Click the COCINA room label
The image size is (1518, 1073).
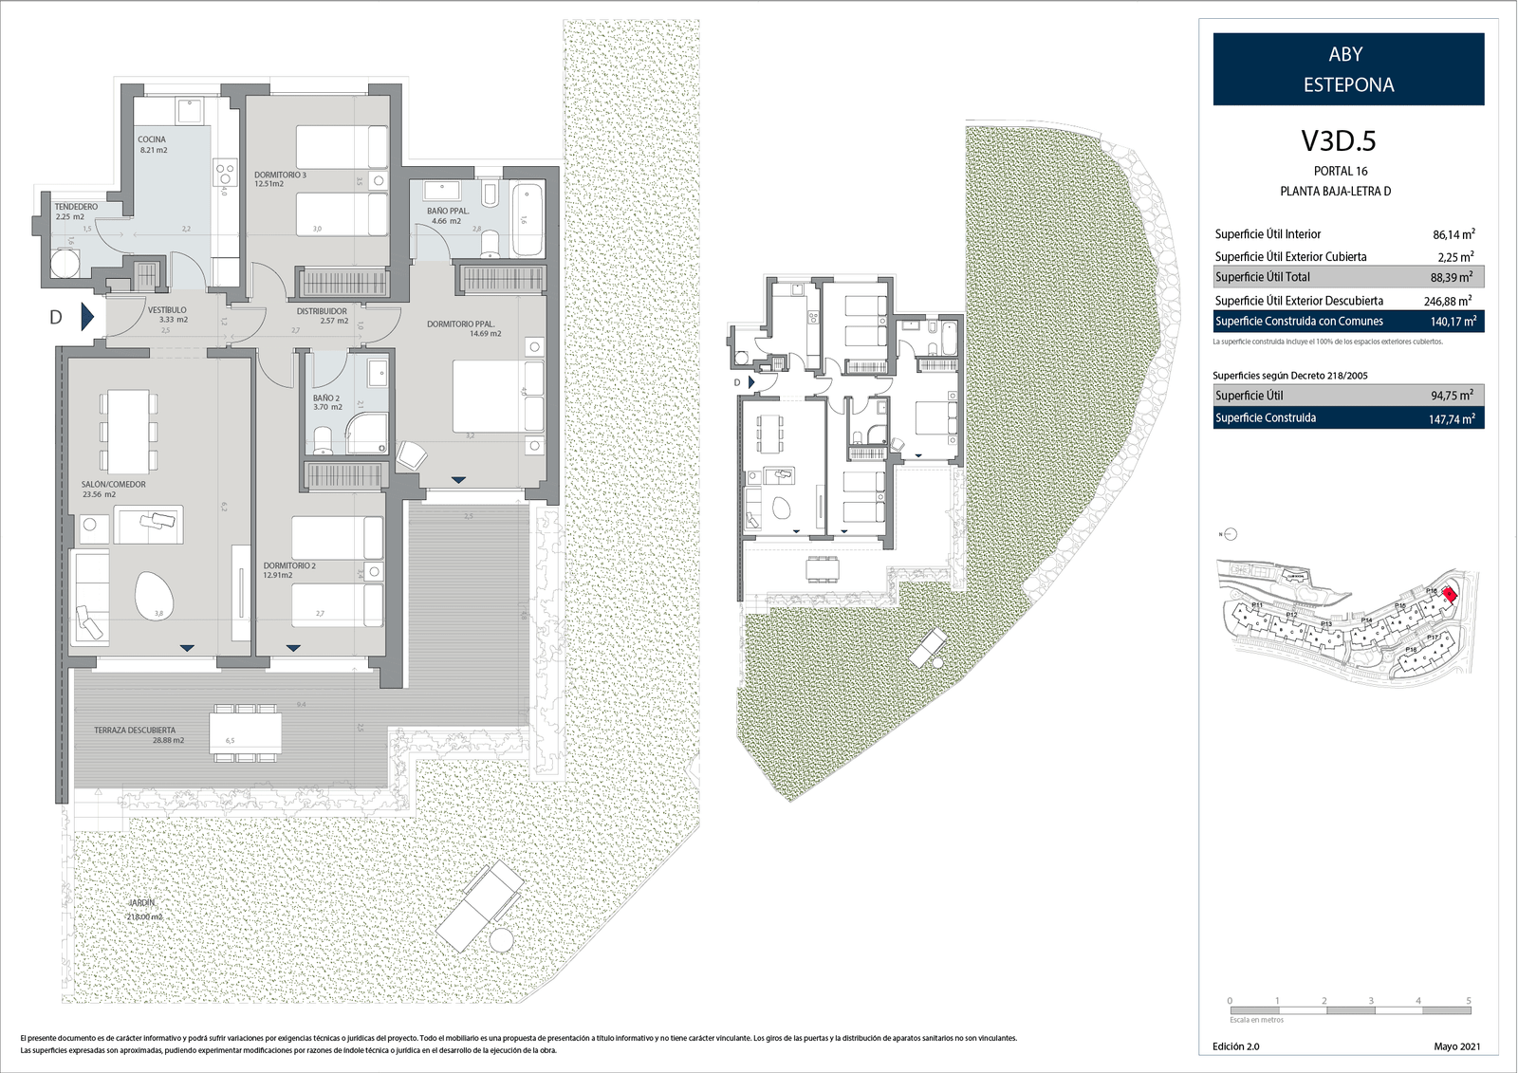[x=152, y=139]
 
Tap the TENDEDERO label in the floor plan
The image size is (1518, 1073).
[x=76, y=207]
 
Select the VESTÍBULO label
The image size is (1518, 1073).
[x=167, y=310]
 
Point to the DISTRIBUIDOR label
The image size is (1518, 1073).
[x=322, y=311]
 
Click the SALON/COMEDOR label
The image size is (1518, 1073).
[x=114, y=485]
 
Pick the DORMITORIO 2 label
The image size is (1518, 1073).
[x=289, y=566]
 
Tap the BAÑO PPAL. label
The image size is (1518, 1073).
[x=448, y=212]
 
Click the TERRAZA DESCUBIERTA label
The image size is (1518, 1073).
[x=135, y=731]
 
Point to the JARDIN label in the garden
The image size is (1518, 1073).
[x=142, y=903]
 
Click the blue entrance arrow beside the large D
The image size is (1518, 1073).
[x=87, y=317]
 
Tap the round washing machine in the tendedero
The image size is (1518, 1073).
[x=65, y=263]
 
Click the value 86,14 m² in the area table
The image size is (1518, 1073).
[x=1453, y=234]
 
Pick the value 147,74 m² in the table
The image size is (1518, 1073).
[x=1452, y=418]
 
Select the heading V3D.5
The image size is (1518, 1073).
[x=1338, y=141]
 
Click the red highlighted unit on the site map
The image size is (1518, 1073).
[x=1449, y=594]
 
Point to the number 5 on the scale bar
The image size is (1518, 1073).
[x=1468, y=1001]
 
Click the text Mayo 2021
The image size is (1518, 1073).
[x=1456, y=1046]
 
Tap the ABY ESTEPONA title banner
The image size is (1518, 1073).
[x=1348, y=69]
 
